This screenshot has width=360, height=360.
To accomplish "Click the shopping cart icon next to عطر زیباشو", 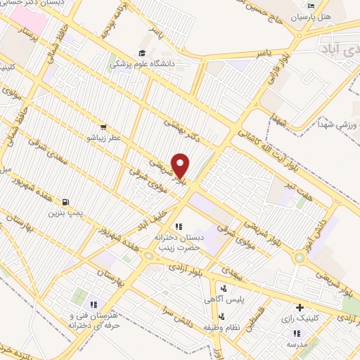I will pyautogui.click(x=103, y=127).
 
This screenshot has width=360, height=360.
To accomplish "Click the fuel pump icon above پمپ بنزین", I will pyautogui.click(x=66, y=201).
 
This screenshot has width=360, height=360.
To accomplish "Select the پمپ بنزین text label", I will pyautogui.click(x=65, y=212).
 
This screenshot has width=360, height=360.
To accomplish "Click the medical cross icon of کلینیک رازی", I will pyautogui.click(x=300, y=307).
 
